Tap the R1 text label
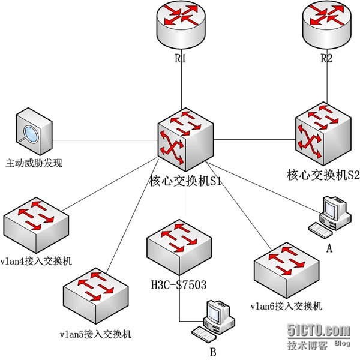coord(181,59)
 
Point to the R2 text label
coord(326,59)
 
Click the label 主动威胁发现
coord(34,163)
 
